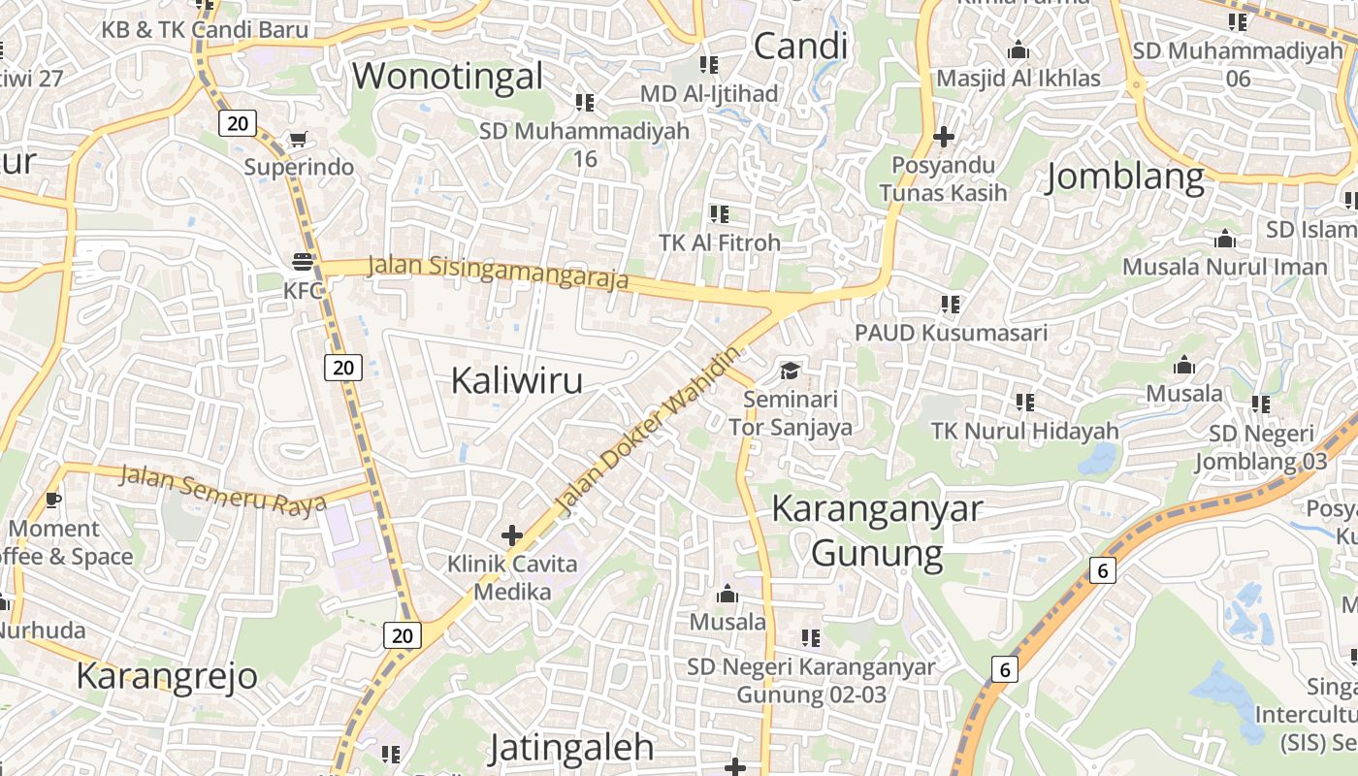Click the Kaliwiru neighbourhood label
(517, 380)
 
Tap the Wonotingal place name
(448, 76)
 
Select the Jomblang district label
(1125, 178)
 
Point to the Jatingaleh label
(570, 748)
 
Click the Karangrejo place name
(167, 675)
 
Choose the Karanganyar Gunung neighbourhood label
(877, 531)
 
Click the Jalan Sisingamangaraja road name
(499, 271)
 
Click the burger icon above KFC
(303, 261)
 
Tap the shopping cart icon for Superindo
(298, 140)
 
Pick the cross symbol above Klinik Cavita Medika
(512, 534)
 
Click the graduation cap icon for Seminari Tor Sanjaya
(791, 371)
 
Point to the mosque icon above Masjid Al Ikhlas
(1018, 49)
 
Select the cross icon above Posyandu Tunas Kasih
(943, 137)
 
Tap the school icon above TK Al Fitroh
(719, 213)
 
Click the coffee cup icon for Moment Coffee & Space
(52, 500)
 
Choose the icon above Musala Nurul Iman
(1225, 239)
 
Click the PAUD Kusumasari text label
(951, 333)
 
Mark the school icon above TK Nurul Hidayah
(1024, 402)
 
